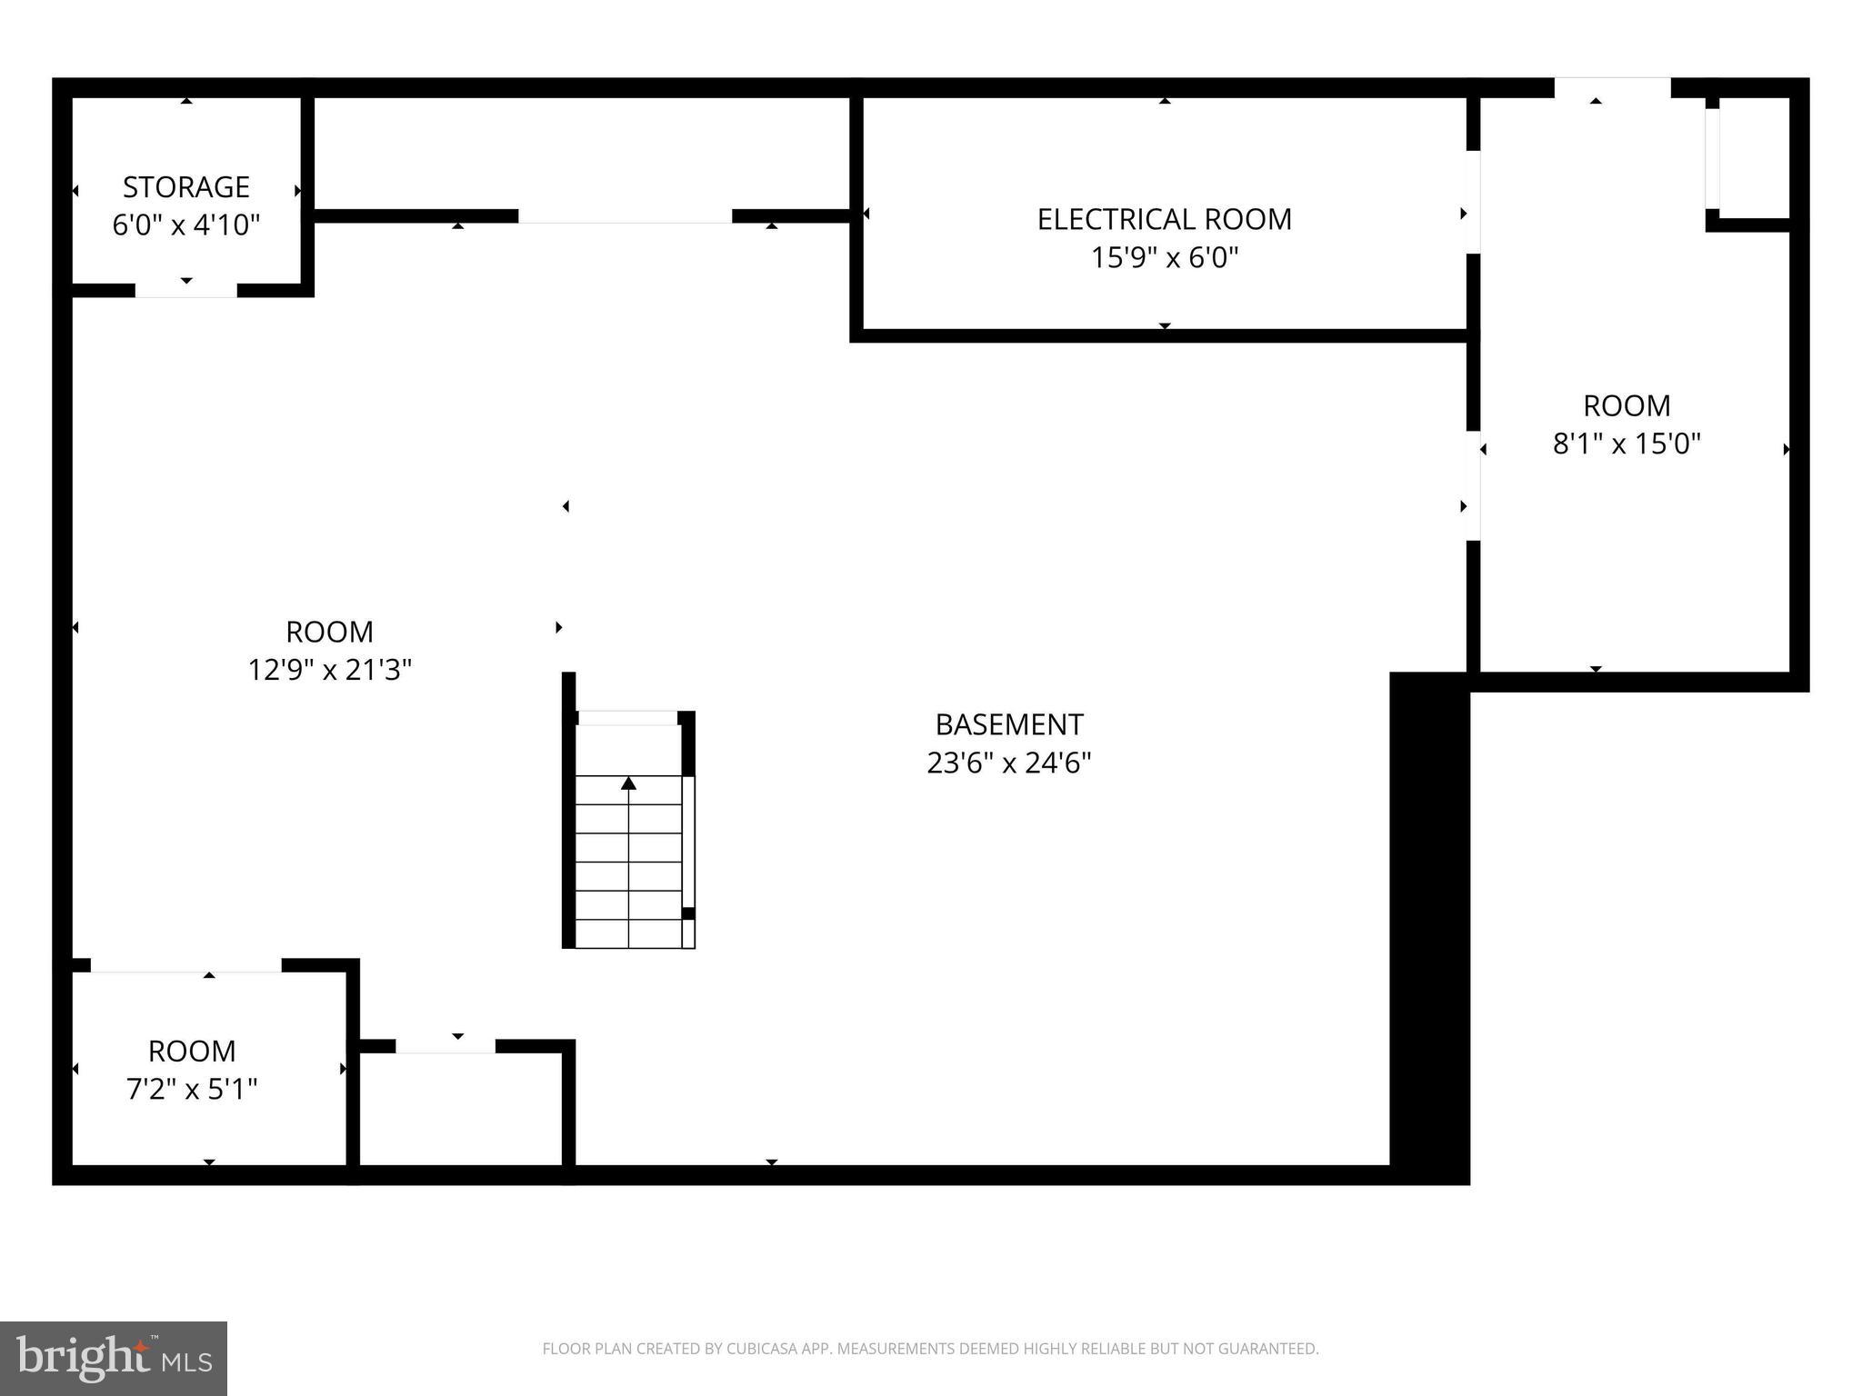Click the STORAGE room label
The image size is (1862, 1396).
tap(185, 187)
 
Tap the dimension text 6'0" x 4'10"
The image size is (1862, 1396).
tap(185, 225)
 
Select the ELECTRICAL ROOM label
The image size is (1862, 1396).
tap(1164, 220)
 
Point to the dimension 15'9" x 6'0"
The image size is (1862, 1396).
tap(1164, 258)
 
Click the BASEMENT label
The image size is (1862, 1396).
tap(1008, 724)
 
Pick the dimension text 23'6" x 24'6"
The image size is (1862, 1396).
tap(1008, 763)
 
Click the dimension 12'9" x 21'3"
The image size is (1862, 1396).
tap(329, 671)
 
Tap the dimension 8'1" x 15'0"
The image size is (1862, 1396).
tap(1626, 444)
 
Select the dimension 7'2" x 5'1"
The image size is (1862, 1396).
tap(191, 1089)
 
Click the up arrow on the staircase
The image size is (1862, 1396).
tap(628, 783)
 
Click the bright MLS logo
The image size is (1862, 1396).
tap(113, 1358)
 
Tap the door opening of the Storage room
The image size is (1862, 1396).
tap(185, 291)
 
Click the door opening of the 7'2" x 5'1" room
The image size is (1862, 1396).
tap(185, 966)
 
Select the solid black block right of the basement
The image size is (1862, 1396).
tap(1429, 927)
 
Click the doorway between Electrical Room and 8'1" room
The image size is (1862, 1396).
tap(1473, 202)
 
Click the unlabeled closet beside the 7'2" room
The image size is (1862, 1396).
tap(462, 1111)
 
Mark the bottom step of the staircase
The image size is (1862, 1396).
tap(628, 934)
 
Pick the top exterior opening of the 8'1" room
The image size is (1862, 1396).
tap(1611, 88)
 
